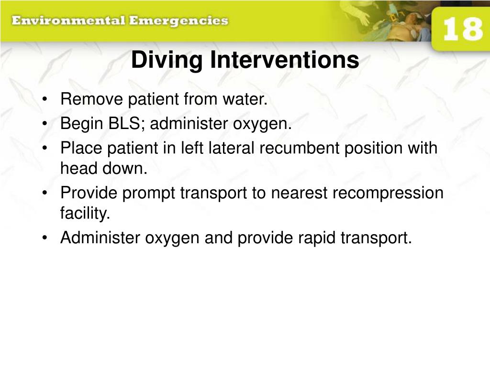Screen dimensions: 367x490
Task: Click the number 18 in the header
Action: (x=462, y=30)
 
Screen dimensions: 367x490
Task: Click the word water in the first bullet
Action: (x=248, y=100)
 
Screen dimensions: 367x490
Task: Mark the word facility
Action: (x=85, y=214)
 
